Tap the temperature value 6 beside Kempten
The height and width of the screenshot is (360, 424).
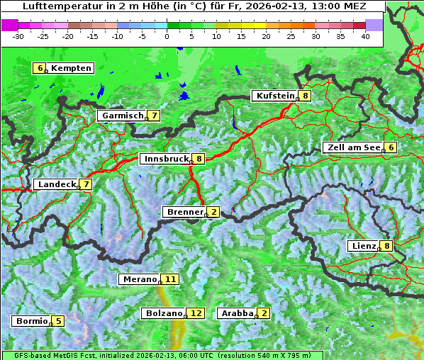(x=40, y=68)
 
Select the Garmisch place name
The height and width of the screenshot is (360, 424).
(x=123, y=116)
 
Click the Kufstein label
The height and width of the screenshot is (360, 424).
(x=274, y=96)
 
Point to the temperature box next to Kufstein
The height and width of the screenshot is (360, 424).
(x=305, y=96)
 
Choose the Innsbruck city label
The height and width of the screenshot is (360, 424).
(x=164, y=159)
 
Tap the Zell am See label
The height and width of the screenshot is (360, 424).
(x=352, y=147)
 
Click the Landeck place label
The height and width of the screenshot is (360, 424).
(x=56, y=184)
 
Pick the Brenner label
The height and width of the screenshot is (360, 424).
(x=184, y=212)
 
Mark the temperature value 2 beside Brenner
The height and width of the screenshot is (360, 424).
(x=213, y=212)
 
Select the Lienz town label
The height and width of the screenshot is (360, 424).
(x=363, y=246)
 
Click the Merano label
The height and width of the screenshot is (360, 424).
(x=138, y=279)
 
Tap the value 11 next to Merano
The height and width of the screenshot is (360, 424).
(x=169, y=279)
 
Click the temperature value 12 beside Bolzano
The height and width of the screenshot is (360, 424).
(x=196, y=313)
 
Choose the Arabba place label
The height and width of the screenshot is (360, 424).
(x=237, y=313)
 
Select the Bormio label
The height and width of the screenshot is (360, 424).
(x=31, y=321)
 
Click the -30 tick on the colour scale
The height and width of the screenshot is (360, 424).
(x=18, y=35)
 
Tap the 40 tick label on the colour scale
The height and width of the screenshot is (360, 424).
(x=365, y=35)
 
